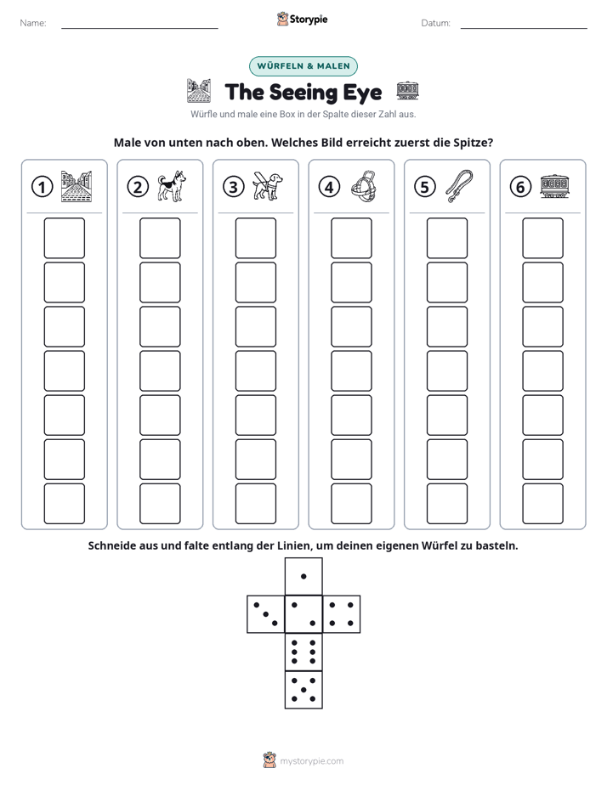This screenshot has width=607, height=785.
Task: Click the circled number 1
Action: [x=42, y=187]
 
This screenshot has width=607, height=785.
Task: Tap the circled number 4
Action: [x=329, y=187]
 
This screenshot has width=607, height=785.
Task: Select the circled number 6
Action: [x=520, y=187]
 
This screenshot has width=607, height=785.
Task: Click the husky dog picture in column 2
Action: [x=172, y=186]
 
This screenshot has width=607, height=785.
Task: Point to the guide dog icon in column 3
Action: [x=268, y=186]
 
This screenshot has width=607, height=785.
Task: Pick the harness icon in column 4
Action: [x=363, y=186]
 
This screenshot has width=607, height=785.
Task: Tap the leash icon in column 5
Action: [x=459, y=186]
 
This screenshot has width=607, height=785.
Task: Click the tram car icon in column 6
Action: [x=554, y=186]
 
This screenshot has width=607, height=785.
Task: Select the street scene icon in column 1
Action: [x=77, y=186]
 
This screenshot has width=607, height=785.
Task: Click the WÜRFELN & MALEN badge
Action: [x=303, y=66]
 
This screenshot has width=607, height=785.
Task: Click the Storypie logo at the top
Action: [x=303, y=20]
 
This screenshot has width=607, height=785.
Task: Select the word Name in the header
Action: [x=32, y=23]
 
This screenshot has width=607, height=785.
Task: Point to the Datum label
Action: [x=435, y=23]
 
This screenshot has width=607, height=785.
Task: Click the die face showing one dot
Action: [x=303, y=577]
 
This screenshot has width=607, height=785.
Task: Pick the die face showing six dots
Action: [x=303, y=652]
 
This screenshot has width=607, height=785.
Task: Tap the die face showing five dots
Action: [x=303, y=689]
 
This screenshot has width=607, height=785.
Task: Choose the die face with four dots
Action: [x=341, y=614]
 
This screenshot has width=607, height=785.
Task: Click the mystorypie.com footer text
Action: [x=311, y=761]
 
